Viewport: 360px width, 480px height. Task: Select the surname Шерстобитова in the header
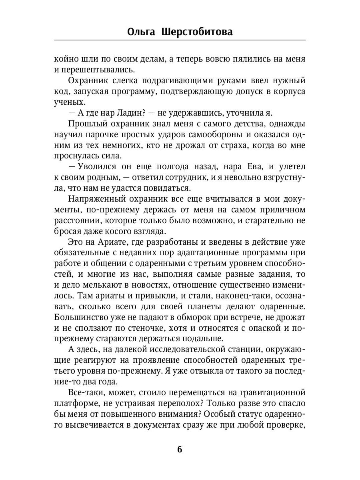click(197, 32)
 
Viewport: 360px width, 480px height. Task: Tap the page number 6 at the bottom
click(180, 450)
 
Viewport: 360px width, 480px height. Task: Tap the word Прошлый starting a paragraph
click(86, 124)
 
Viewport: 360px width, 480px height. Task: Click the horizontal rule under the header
click(180, 40)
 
